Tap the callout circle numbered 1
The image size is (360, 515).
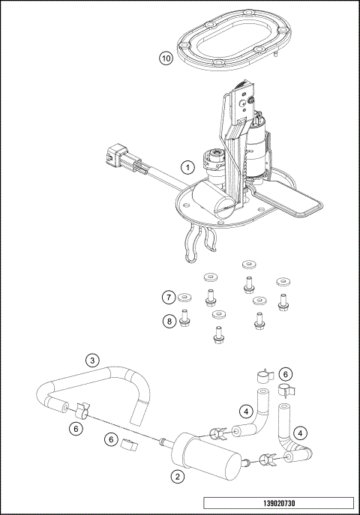point(187,167)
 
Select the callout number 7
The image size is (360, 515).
point(169,297)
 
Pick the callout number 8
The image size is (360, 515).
point(169,322)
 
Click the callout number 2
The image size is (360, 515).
point(178,475)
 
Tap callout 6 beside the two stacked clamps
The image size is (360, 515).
point(285,373)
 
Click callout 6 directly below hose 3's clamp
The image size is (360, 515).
point(75,428)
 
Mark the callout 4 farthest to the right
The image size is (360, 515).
point(300,433)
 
